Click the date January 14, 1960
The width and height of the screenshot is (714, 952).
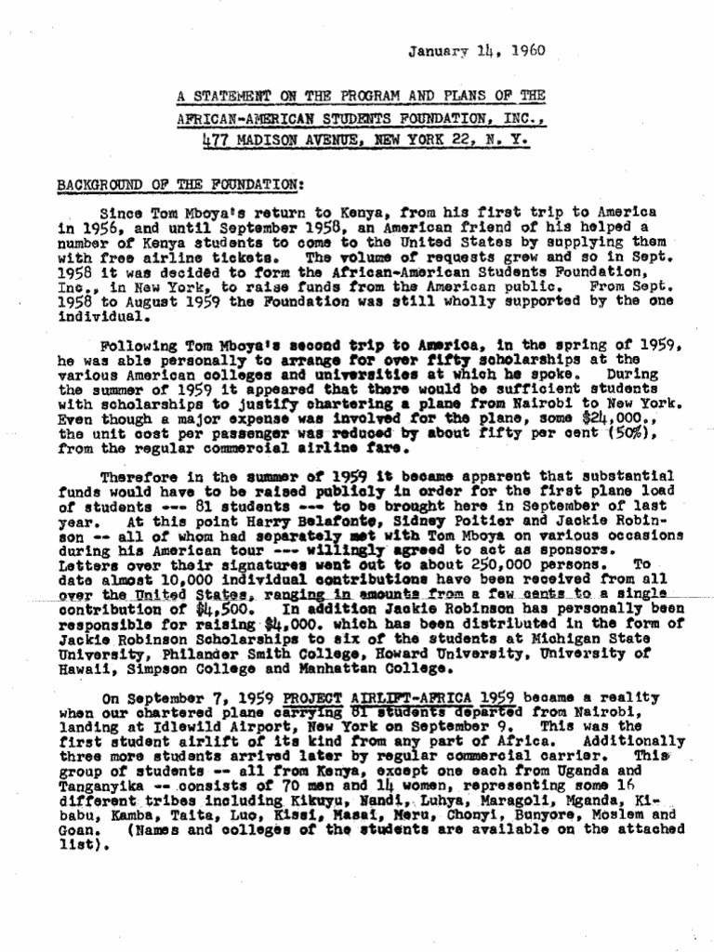click(x=476, y=51)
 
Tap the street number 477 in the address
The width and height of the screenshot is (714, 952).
click(x=218, y=140)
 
